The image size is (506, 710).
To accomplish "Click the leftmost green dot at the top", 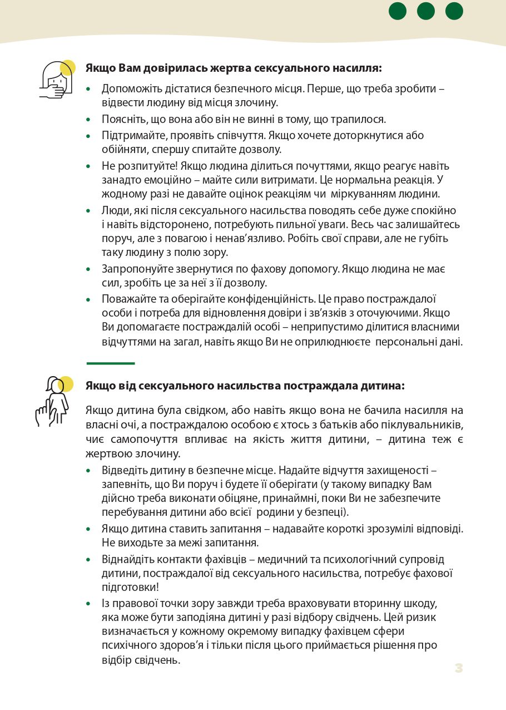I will (x=398, y=11).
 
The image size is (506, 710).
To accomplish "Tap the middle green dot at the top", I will (x=426, y=11).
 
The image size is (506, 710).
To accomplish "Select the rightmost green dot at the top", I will (x=454, y=11).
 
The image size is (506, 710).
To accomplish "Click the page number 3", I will (x=458, y=668).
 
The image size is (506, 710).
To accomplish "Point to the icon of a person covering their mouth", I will (x=57, y=80).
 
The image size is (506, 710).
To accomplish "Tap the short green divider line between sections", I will (x=111, y=363).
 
